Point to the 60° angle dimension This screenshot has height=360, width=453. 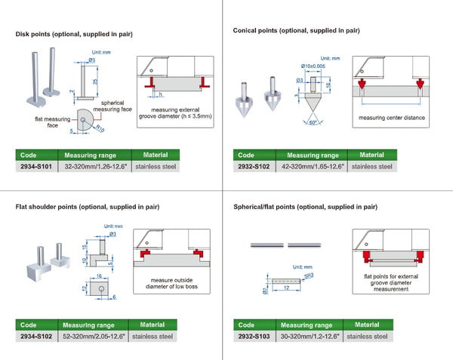click(x=312, y=122)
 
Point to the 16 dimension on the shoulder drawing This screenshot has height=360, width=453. click(x=98, y=278)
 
